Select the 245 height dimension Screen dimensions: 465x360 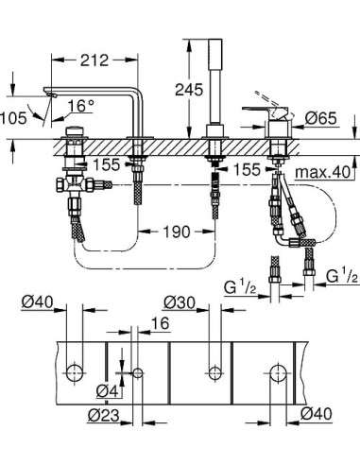click(x=188, y=91)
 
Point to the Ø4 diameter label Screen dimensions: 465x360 click(x=107, y=390)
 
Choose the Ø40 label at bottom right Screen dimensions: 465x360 click(x=318, y=413)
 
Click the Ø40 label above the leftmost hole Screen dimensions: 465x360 click(x=36, y=302)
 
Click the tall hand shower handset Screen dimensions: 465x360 click(x=210, y=85)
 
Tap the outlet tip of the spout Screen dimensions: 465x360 click(x=49, y=94)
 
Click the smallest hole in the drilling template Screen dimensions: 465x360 click(x=138, y=373)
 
